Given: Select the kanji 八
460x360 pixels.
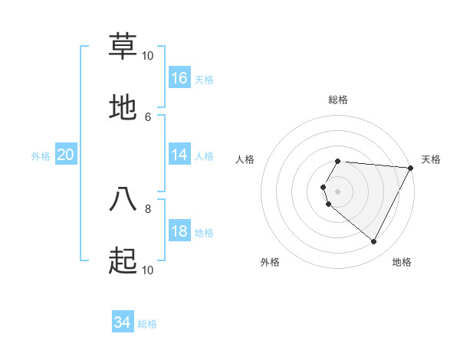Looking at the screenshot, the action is pyautogui.click(x=123, y=198).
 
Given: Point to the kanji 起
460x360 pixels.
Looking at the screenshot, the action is pyautogui.click(x=123, y=261).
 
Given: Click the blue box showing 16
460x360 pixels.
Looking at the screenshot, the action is pyautogui.click(x=179, y=78).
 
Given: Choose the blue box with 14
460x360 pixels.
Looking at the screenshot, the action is pyautogui.click(x=179, y=155).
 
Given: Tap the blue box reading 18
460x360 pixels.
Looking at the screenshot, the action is pyautogui.click(x=179, y=231).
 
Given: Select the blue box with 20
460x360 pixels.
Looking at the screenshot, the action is pyautogui.click(x=66, y=155).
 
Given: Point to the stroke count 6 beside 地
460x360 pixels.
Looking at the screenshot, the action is pyautogui.click(x=148, y=116).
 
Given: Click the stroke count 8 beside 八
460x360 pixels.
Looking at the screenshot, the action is pyautogui.click(x=148, y=208).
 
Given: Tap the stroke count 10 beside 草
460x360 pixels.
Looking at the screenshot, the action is pyautogui.click(x=148, y=55).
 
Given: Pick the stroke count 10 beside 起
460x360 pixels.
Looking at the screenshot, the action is pyautogui.click(x=148, y=270).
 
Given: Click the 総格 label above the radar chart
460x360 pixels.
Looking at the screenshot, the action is pyautogui.click(x=338, y=100).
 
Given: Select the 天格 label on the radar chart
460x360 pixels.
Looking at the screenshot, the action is pyautogui.click(x=431, y=159).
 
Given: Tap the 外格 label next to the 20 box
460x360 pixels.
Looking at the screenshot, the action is pyautogui.click(x=41, y=155).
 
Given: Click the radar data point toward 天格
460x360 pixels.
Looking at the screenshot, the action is pyautogui.click(x=411, y=168).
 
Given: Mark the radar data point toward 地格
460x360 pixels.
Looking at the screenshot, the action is pyautogui.click(x=374, y=242).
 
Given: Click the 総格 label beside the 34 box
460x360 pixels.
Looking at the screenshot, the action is pyautogui.click(x=147, y=324).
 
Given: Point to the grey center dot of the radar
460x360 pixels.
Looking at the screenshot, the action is pyautogui.click(x=338, y=191).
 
